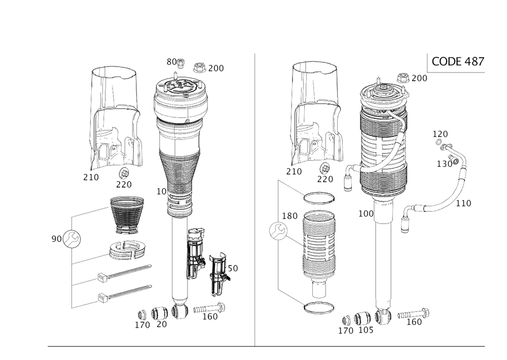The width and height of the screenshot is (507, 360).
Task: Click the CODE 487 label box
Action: [x=457, y=62]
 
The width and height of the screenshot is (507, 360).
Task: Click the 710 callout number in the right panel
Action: [x=294, y=171]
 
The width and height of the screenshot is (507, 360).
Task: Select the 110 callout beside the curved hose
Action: [x=464, y=203]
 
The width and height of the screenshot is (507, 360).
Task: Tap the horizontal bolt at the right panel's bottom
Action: [x=414, y=314]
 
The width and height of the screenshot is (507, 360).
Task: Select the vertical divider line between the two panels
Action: [x=255, y=198]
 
